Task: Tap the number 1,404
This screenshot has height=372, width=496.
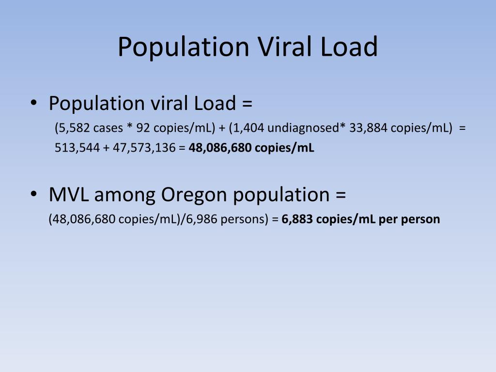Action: tap(248, 128)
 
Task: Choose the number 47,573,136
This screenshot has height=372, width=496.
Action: tap(144, 148)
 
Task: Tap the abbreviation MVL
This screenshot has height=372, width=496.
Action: tap(69, 194)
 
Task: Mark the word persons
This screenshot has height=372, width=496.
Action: tap(243, 219)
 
